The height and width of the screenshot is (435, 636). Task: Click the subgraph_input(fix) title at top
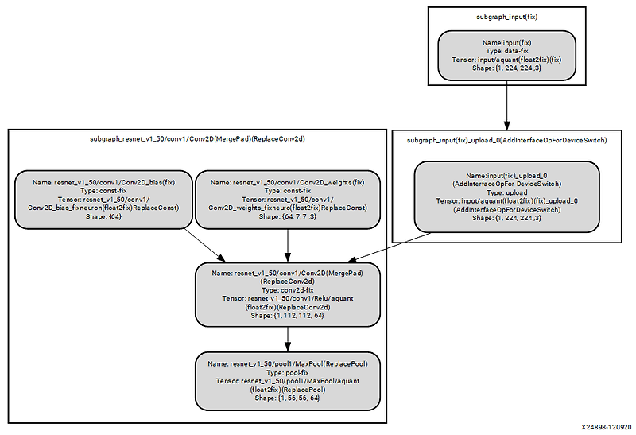pyautogui.click(x=506, y=15)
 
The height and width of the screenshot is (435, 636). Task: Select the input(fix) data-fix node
pyautogui.click(x=506, y=55)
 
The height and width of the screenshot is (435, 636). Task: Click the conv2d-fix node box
pyautogui.click(x=287, y=294)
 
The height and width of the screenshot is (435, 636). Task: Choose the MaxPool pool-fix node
pyautogui.click(x=287, y=382)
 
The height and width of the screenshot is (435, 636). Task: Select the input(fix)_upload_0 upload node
pyautogui.click(x=506, y=197)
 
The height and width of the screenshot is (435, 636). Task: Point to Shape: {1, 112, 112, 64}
pyautogui.click(x=287, y=316)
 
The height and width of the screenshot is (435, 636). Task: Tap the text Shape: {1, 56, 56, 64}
pyautogui.click(x=287, y=398)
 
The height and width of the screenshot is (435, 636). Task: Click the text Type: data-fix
pyautogui.click(x=506, y=50)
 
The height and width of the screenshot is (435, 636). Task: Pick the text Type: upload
pyautogui.click(x=506, y=192)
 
